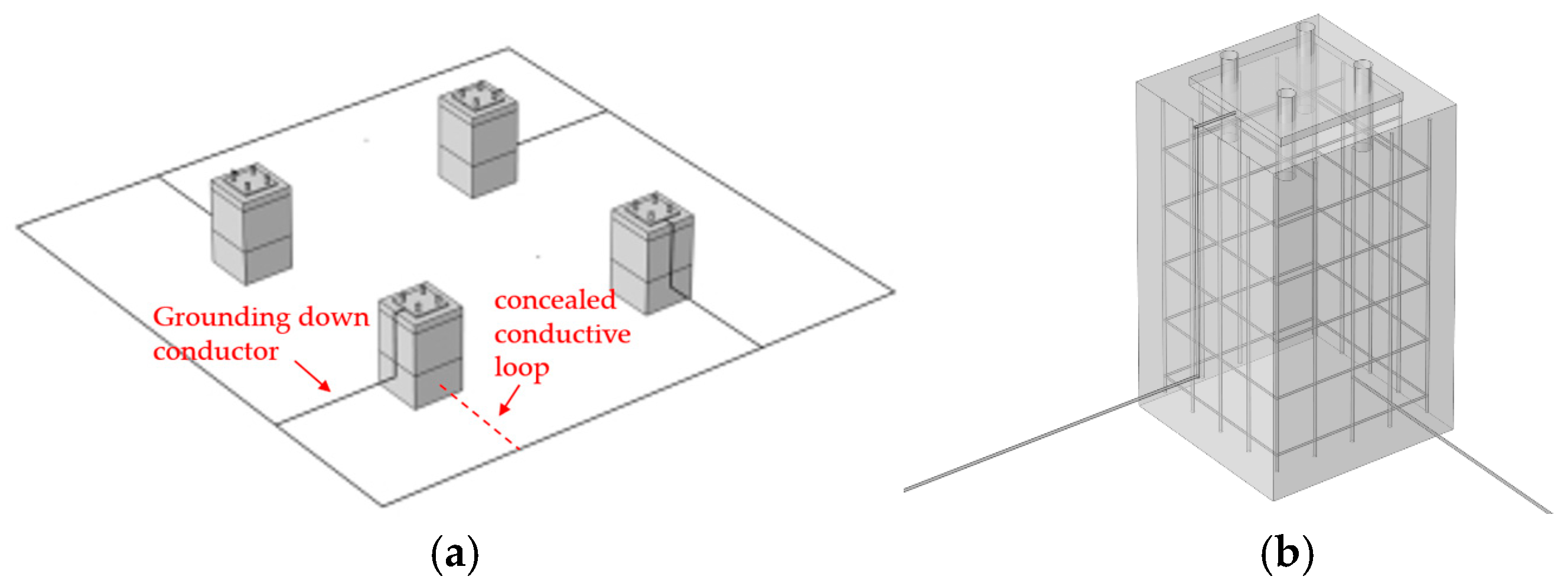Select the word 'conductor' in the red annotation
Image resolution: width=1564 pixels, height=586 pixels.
coord(216,351)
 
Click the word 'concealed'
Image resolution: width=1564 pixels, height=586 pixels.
coord(555,300)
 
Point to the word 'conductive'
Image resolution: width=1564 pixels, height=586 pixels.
coord(562,334)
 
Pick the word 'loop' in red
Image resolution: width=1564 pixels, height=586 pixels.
coord(522,368)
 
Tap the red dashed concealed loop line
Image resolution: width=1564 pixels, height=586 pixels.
coord(480,418)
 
